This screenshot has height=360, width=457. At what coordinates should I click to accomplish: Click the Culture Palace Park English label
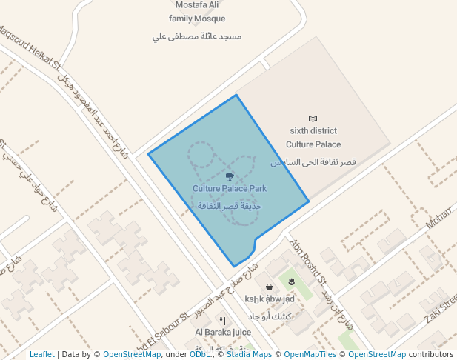[230, 189]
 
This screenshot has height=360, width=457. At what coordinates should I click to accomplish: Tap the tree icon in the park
[230, 176]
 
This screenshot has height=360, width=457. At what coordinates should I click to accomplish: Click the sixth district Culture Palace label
[313, 138]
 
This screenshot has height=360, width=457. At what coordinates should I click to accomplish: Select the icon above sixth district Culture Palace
[313, 119]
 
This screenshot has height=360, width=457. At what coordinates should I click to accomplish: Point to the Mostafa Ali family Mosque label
[197, 12]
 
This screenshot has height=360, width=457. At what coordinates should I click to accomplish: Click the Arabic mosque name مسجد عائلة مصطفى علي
[197, 36]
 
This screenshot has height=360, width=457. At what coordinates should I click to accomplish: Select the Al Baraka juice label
[223, 333]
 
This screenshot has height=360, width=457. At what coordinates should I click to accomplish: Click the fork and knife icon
[222, 321]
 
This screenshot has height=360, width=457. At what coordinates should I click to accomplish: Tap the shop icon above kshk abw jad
[268, 287]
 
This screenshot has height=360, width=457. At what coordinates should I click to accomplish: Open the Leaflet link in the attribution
[42, 354]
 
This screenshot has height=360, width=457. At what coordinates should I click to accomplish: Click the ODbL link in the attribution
[199, 354]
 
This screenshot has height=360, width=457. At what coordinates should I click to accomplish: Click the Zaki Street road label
[440, 309]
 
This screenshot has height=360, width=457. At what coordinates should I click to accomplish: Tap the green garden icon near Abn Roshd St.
[292, 281]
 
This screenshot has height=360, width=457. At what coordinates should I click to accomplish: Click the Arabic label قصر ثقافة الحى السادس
[313, 161]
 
